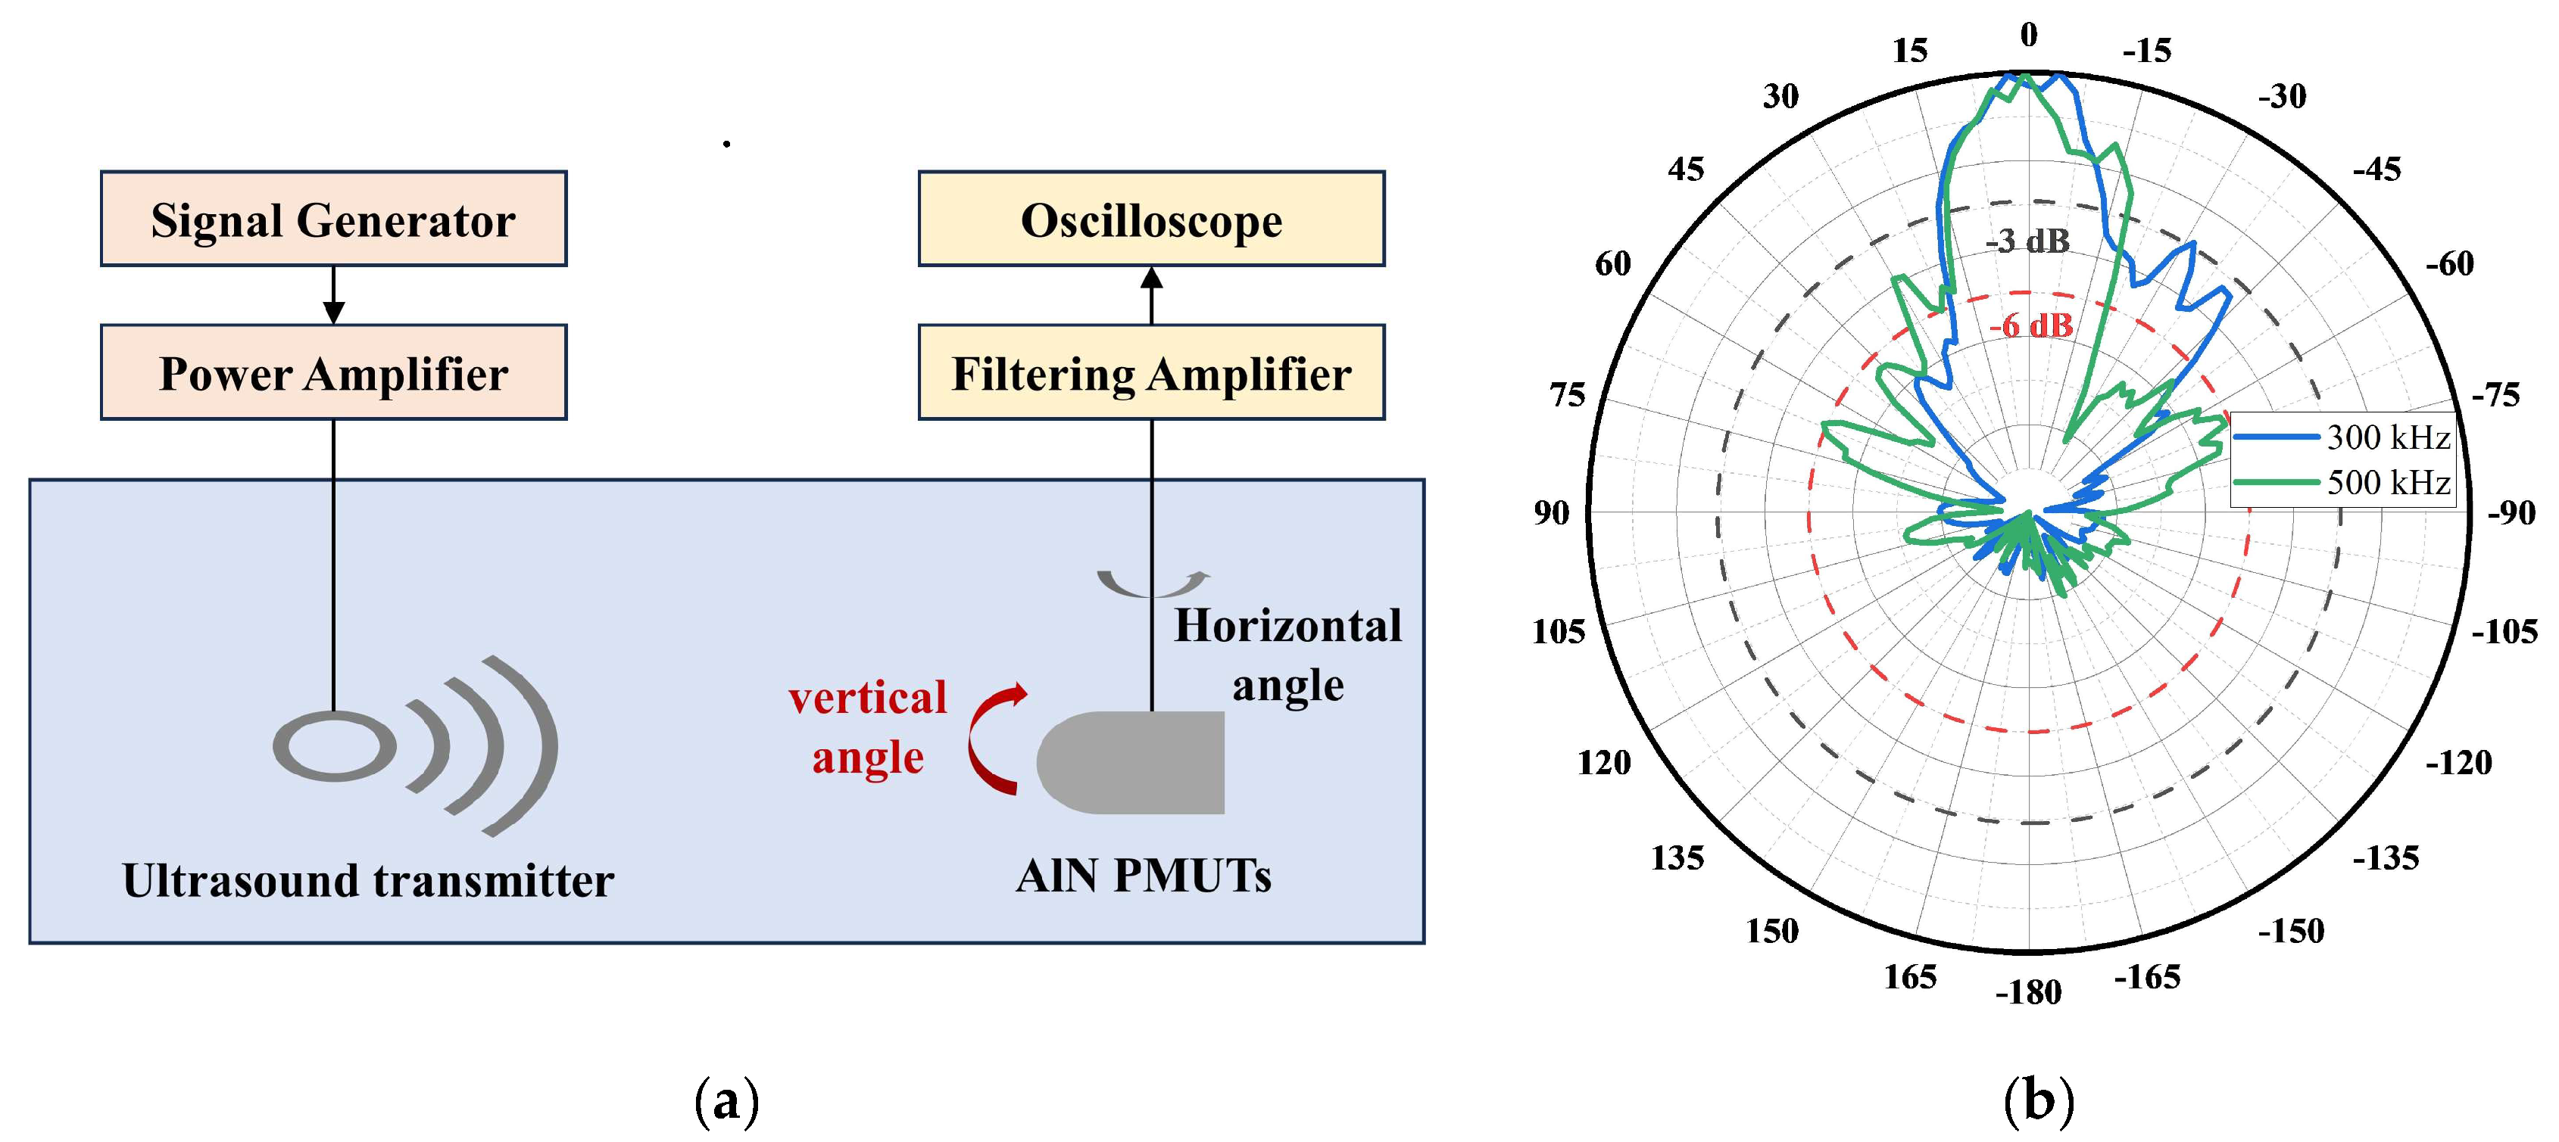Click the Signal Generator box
point(334,219)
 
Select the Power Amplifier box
point(334,372)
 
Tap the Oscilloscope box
point(1151,219)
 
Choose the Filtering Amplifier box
point(1151,372)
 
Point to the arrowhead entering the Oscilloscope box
point(1151,278)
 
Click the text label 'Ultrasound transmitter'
point(367,880)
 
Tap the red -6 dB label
point(2030,325)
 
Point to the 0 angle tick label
point(2029,36)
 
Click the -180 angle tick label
point(2029,992)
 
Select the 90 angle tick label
point(1552,513)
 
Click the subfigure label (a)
point(727,1101)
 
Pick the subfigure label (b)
point(2039,1101)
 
